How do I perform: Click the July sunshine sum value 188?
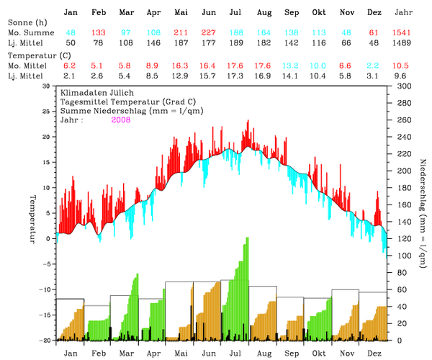coord(236,33)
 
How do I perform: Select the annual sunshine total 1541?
coord(405,33)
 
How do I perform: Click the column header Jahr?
coord(405,13)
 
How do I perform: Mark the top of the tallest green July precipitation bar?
coord(247,238)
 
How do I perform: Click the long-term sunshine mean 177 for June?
coord(209,43)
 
